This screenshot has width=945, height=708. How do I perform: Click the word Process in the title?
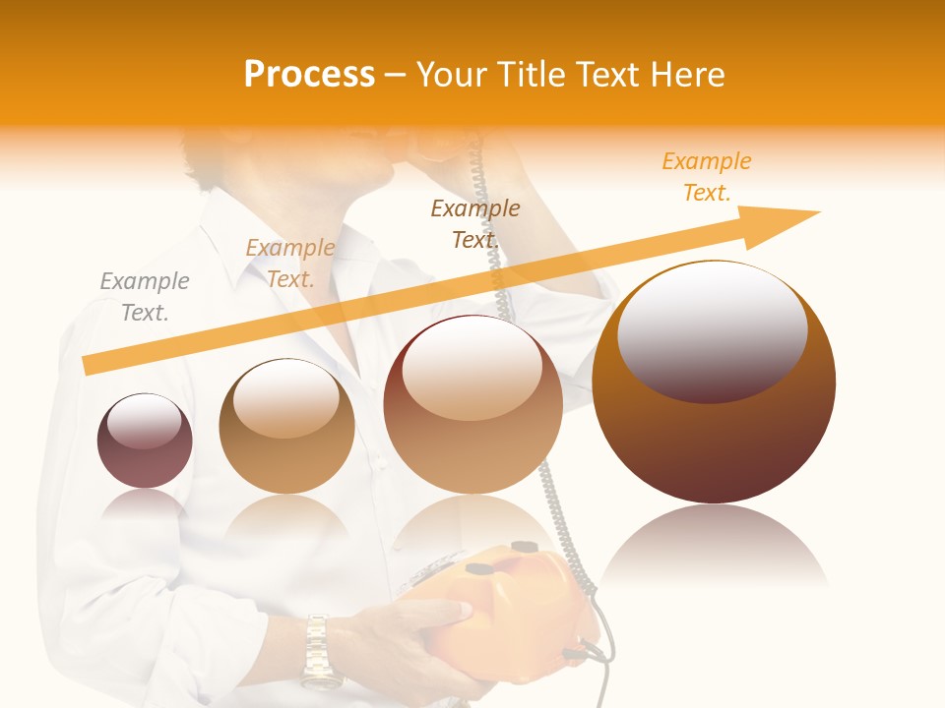(x=309, y=75)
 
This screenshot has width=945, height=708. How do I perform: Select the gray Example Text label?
(x=145, y=297)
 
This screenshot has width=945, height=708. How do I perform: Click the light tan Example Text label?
(x=289, y=264)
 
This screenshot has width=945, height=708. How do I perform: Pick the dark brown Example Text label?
(x=475, y=223)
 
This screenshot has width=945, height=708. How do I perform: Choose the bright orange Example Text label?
(x=707, y=177)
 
